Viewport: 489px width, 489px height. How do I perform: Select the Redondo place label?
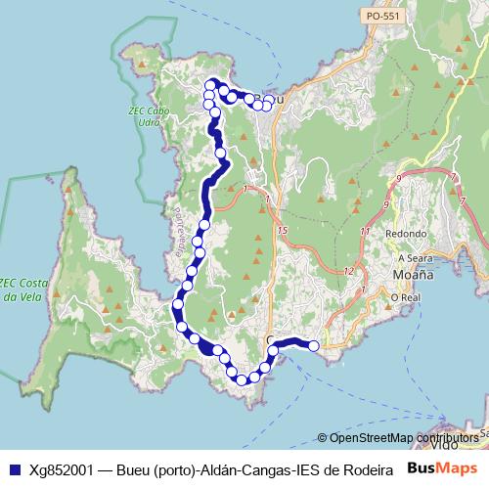point(406,234)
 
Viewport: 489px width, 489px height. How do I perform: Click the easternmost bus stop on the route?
point(314,345)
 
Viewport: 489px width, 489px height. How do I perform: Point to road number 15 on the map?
point(283,230)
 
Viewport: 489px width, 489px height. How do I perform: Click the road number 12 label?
point(349,271)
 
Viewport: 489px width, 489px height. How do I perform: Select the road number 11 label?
point(364,232)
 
